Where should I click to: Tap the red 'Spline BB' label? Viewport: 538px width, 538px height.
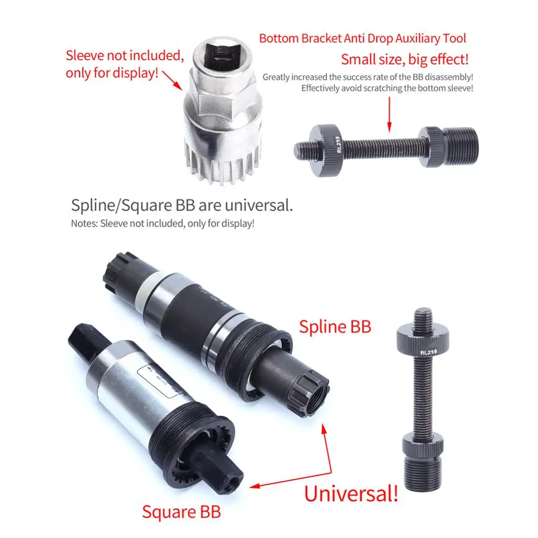pos(335,326)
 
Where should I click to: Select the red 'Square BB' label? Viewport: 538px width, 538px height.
pos(181,511)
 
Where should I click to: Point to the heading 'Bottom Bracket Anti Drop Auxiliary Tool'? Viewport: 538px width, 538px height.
pos(363,39)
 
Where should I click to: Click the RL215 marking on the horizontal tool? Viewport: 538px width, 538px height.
pos(338,144)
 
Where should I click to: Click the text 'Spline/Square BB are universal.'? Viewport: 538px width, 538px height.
pos(182,205)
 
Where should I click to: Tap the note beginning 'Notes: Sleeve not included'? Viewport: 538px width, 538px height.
pos(162,223)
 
